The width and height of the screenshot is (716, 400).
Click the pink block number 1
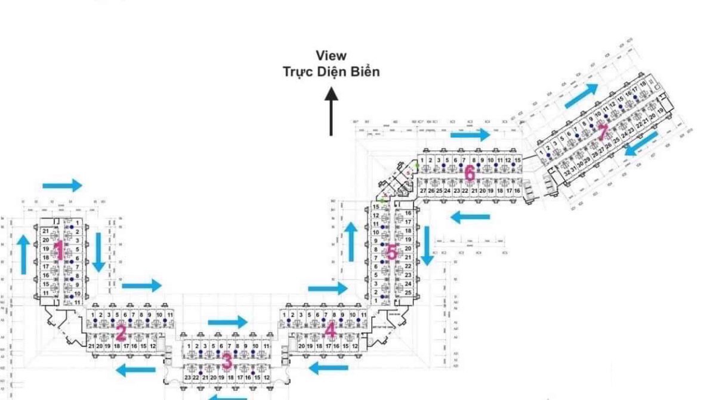(58, 250)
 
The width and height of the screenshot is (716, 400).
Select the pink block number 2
(121, 333)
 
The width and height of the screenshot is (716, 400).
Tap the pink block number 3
(226, 361)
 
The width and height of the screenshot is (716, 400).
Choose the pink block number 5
(391, 253)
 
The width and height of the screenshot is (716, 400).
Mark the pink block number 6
(470, 174)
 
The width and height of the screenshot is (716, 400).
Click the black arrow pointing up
(331, 111)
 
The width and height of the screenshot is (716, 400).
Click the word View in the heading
(331, 56)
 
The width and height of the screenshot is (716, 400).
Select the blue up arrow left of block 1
(23, 254)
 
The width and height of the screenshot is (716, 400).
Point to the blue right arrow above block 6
(470, 134)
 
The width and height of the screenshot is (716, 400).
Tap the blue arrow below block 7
(643, 144)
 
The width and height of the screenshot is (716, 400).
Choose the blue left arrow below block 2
(135, 370)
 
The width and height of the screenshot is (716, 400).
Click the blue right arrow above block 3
(227, 322)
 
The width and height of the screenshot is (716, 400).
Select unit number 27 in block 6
(423, 190)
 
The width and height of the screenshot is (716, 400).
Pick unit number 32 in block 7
(567, 172)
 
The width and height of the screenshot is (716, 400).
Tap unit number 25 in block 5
(408, 293)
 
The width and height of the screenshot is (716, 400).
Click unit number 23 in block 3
(187, 378)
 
